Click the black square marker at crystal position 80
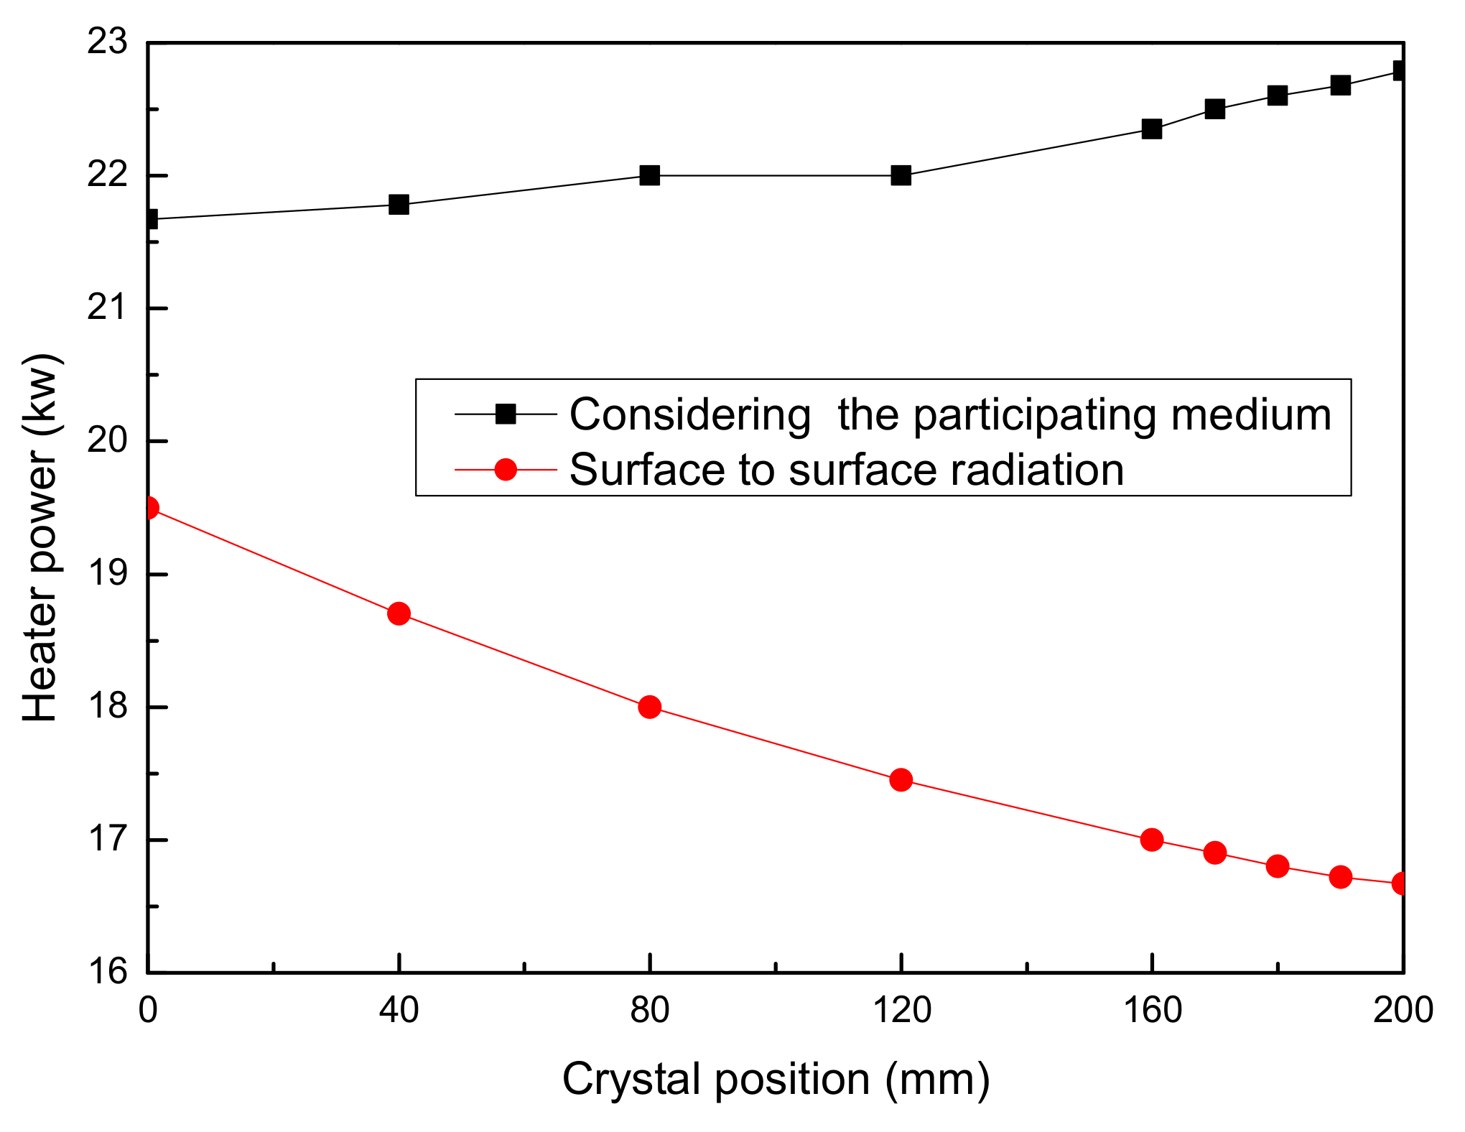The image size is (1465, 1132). pyautogui.click(x=649, y=175)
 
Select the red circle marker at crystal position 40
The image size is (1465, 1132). pyautogui.click(x=399, y=614)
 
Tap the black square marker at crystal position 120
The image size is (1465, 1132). pyautogui.click(x=901, y=175)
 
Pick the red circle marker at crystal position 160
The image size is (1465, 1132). pyautogui.click(x=1152, y=840)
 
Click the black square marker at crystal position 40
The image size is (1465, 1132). pyautogui.click(x=399, y=205)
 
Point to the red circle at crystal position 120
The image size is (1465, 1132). pyautogui.click(x=901, y=780)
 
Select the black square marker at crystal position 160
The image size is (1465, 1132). pyautogui.click(x=1152, y=129)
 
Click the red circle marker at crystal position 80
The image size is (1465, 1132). pyautogui.click(x=649, y=707)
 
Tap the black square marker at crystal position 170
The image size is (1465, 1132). pyautogui.click(x=1214, y=109)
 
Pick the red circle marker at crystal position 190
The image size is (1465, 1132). pyautogui.click(x=1340, y=877)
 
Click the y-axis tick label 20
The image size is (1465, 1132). pyautogui.click(x=107, y=440)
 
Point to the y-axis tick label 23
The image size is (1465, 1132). pyautogui.click(x=107, y=42)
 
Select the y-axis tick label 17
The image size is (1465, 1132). pyautogui.click(x=107, y=839)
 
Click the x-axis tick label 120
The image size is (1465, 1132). pyautogui.click(x=901, y=1011)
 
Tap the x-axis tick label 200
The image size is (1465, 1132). pyautogui.click(x=1403, y=1011)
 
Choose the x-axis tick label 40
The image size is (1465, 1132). pyautogui.click(x=399, y=1011)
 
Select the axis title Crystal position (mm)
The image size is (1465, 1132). pyautogui.click(x=776, y=1079)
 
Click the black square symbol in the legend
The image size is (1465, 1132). pyautogui.click(x=506, y=414)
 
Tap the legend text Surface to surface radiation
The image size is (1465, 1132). pyautogui.click(x=846, y=470)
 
